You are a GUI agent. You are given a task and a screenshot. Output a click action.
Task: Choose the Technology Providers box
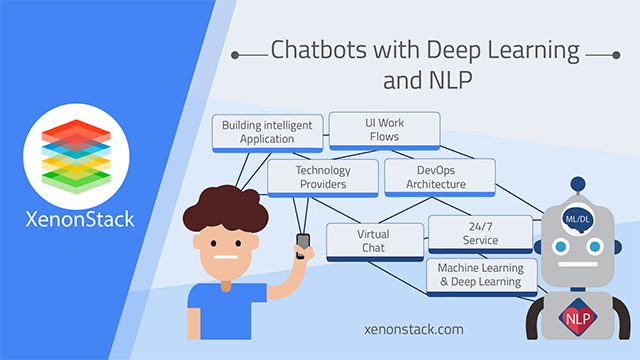[x=322, y=177]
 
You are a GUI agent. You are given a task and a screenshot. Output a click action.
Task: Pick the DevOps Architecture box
[x=440, y=177]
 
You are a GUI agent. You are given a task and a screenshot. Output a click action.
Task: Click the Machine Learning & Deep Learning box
[x=480, y=275]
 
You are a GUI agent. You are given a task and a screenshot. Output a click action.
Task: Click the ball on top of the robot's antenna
[x=576, y=186]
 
